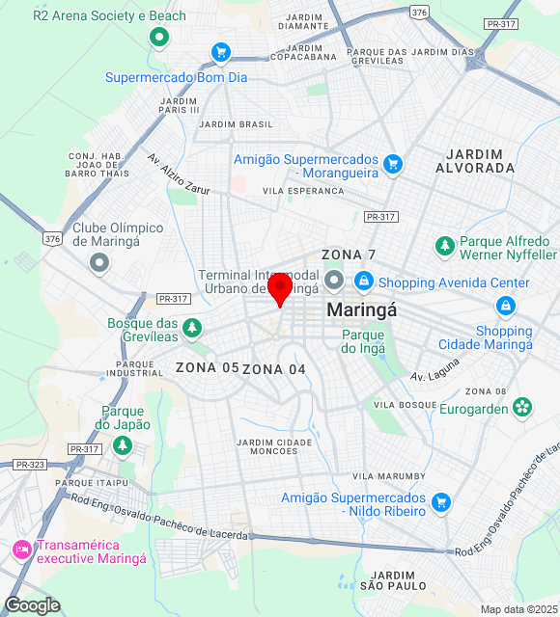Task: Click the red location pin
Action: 280,288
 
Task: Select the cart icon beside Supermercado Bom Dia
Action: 221,52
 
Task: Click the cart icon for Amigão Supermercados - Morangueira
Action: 392,164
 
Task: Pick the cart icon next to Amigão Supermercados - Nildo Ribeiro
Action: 441,501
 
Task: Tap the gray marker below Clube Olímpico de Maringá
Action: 98,262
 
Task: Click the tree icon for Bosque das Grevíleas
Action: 192,329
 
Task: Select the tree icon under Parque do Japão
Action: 122,445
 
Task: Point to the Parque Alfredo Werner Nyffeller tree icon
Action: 445,246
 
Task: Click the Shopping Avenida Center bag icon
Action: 364,282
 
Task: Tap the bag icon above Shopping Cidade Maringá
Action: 504,307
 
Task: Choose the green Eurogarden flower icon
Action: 522,408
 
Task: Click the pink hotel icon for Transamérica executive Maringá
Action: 21,550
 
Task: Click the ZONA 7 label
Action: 349,255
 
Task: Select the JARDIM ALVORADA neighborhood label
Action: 475,161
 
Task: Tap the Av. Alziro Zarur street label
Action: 179,174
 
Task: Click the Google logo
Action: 31,605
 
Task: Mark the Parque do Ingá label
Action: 363,341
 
